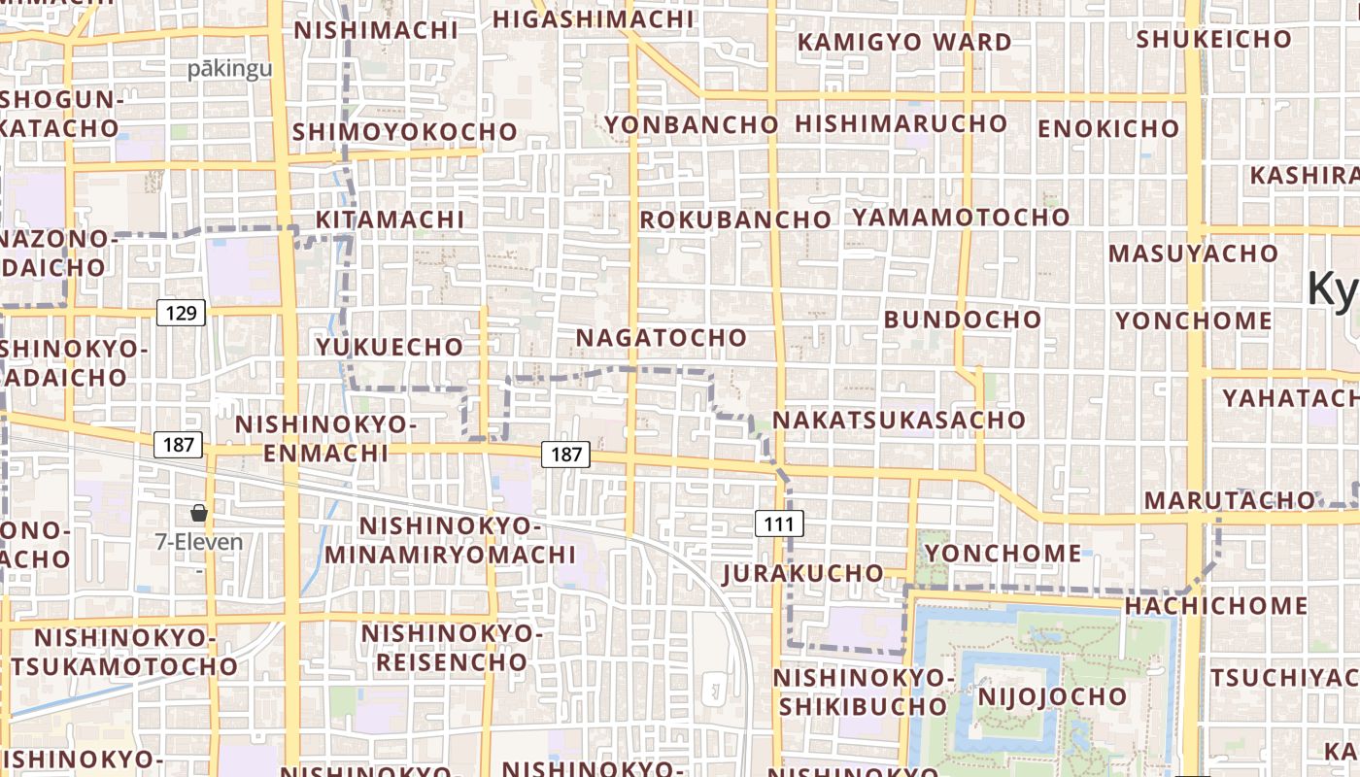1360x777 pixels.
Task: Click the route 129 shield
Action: (x=181, y=313)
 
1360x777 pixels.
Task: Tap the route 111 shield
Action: (x=779, y=524)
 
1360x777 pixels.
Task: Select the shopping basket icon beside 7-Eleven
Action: (x=199, y=513)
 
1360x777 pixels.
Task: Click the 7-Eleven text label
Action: (x=199, y=542)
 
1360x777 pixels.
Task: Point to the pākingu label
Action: (x=230, y=69)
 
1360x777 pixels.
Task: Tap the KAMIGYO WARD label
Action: (x=904, y=43)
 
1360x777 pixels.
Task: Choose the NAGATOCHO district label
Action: (x=662, y=338)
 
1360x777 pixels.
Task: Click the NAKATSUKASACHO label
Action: (x=899, y=420)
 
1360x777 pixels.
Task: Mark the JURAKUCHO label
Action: (x=802, y=573)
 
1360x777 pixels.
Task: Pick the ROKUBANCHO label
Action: (x=735, y=220)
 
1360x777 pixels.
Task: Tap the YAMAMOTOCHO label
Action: (x=961, y=217)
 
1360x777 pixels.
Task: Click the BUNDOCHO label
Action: (x=962, y=319)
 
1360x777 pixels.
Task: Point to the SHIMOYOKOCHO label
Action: (x=405, y=131)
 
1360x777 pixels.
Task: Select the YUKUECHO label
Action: (x=390, y=347)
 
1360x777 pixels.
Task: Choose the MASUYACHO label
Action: (x=1193, y=253)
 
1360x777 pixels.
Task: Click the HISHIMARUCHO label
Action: (x=901, y=123)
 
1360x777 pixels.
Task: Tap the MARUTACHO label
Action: (x=1229, y=500)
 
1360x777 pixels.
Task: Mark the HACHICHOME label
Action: (x=1215, y=606)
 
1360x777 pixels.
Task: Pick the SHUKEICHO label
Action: (x=1213, y=40)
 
